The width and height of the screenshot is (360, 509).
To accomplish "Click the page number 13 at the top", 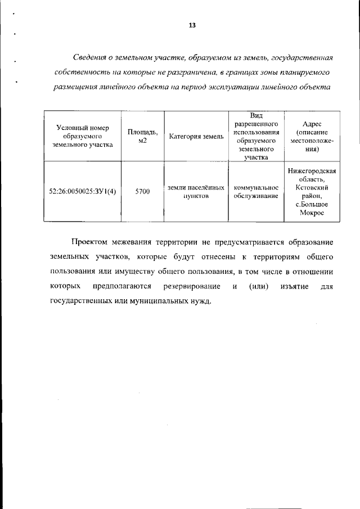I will coord(192,25).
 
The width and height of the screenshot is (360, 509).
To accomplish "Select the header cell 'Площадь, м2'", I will coord(142,136).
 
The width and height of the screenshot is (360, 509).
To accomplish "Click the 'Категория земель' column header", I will coord(196,137).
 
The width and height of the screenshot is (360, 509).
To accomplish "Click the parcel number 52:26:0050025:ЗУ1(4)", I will coord(83,192).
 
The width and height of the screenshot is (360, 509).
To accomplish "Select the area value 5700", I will coord(142,192).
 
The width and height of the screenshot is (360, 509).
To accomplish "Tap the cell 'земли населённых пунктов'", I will coord(196,192).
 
